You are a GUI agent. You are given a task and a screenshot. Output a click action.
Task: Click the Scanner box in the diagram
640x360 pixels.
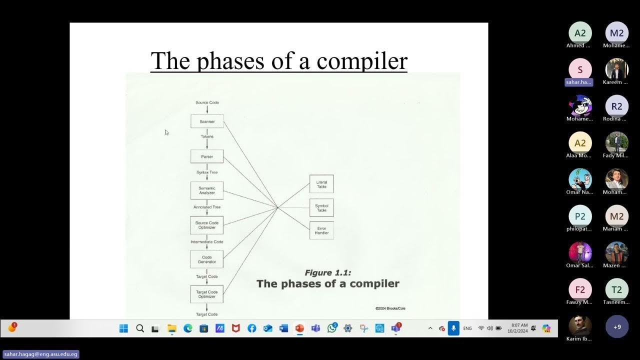[207, 121]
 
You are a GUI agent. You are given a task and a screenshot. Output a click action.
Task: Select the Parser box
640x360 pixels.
[207, 156]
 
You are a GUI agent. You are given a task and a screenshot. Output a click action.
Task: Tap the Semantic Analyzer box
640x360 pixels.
[207, 190]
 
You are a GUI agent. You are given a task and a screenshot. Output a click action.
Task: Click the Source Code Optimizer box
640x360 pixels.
[207, 225]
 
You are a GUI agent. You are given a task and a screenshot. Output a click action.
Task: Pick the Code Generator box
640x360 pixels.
[207, 259]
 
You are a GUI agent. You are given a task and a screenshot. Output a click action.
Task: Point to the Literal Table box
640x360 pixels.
[321, 184]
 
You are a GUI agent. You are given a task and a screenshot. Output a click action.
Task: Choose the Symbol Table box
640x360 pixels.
[321, 207]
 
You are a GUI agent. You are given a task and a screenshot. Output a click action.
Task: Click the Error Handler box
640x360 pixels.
[321, 230]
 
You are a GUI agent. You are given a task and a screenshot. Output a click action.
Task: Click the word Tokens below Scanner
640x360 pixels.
[207, 136]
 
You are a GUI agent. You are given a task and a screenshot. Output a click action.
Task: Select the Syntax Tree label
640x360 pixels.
[207, 172]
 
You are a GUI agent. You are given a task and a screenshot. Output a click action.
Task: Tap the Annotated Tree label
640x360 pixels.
[207, 207]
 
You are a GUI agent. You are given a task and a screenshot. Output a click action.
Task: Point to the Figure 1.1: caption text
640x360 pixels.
[328, 272]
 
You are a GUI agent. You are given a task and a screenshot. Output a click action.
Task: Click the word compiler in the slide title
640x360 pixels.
[362, 60]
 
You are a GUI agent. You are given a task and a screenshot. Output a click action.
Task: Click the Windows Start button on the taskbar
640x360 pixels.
[123, 328]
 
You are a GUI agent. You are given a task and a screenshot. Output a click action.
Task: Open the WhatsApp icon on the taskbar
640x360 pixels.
[332, 328]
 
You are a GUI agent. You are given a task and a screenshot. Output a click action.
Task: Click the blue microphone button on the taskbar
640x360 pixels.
[453, 328]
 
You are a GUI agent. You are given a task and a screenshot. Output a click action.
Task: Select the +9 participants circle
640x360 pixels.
[617, 327]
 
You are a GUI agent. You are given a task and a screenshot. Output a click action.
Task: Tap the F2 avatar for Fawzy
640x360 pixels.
[580, 289]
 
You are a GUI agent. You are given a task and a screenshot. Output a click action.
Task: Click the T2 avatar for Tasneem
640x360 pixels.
[617, 289]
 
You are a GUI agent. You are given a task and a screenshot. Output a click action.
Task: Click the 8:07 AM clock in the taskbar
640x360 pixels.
[519, 328]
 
